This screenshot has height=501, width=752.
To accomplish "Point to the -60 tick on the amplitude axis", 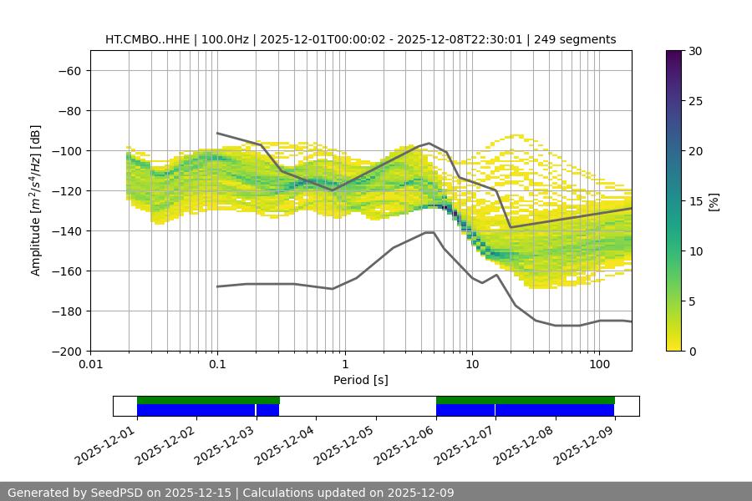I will pos(69,71).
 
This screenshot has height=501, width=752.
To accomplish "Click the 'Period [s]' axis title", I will pos(361,381).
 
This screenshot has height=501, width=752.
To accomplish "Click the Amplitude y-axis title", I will pos(36,200).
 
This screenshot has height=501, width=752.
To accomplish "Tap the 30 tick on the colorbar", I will pos(695,51).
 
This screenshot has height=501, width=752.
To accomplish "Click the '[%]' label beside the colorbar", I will pos(714,201).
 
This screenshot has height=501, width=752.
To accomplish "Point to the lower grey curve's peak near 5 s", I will pos(429,232).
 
